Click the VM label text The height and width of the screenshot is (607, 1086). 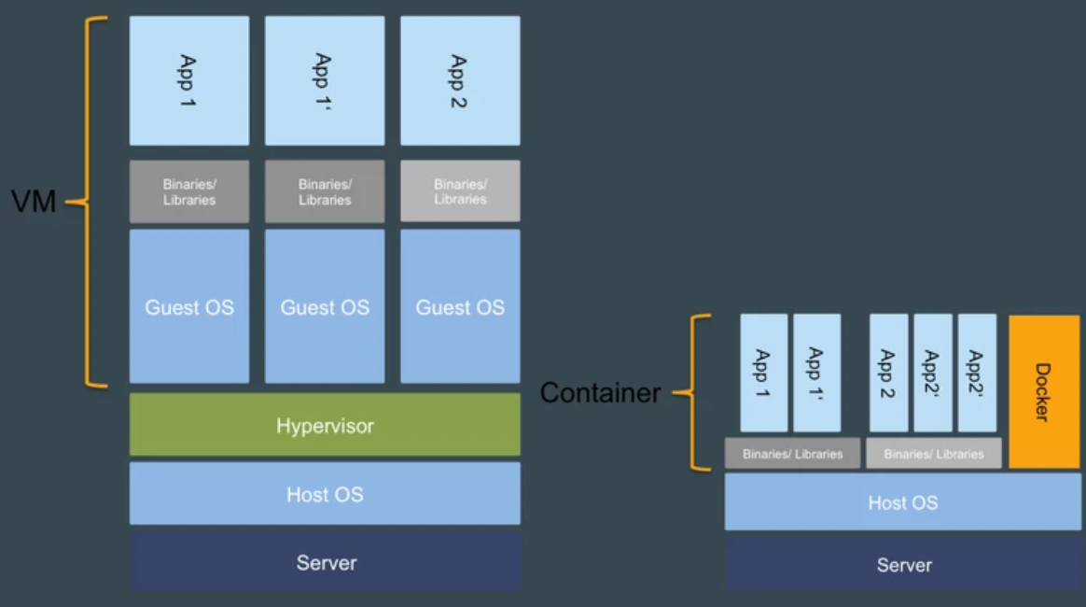34,201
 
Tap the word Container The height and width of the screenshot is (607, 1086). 600,393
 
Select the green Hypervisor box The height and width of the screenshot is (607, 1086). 325,425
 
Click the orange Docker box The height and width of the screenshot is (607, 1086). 1044,391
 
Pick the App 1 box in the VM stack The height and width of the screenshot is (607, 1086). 189,80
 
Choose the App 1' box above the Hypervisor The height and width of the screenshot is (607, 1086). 325,80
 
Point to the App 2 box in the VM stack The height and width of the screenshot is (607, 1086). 460,80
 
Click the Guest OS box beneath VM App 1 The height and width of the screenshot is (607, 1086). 189,306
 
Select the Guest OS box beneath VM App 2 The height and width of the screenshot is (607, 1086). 460,306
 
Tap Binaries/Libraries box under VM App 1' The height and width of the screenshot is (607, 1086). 325,191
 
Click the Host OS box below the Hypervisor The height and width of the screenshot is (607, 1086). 325,493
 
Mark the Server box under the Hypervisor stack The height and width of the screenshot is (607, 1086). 325,562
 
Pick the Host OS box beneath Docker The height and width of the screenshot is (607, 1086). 903,502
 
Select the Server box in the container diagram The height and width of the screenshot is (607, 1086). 903,564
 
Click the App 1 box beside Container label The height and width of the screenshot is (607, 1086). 763,373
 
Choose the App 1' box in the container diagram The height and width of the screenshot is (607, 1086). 816,373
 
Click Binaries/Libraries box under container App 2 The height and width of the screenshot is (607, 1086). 933,454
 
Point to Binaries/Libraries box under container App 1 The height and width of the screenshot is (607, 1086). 792,454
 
